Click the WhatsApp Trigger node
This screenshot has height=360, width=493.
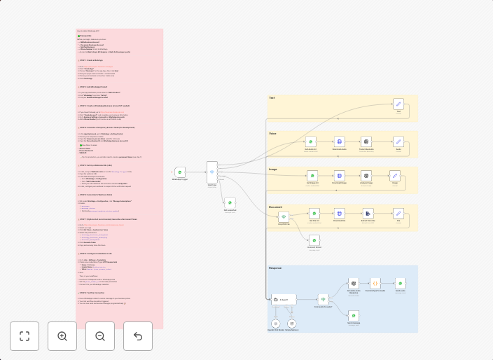[179, 172]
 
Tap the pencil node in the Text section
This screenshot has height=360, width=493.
[398, 104]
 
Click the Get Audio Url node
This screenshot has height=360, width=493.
[311, 141]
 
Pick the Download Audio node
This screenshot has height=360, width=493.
[339, 141]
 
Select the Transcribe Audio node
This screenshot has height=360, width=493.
[366, 141]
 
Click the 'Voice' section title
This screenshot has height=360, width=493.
[272, 133]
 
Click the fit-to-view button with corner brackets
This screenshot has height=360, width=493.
[25, 336]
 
